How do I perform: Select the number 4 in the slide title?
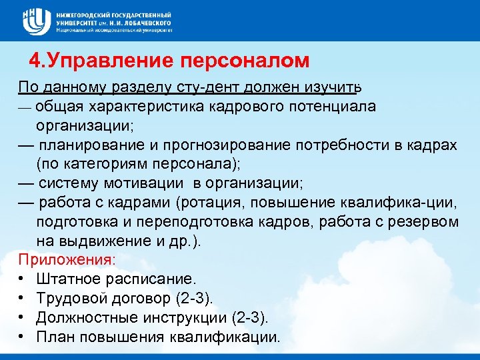35,61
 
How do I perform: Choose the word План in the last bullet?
53,337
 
